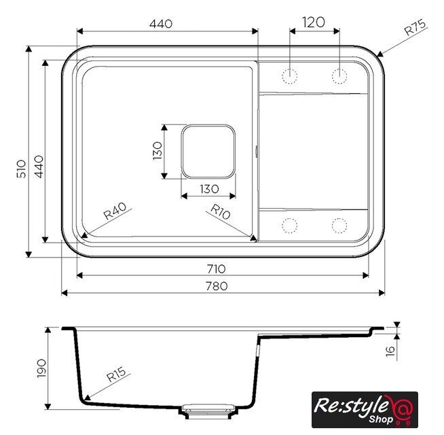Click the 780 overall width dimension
tap(217, 286)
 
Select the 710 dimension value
tap(217, 269)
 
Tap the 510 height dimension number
tap(22, 169)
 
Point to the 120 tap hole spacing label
tap(314, 22)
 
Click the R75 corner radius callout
tap(415, 27)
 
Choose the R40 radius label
tap(115, 211)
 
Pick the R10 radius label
tap(221, 212)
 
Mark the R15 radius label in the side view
tap(116, 375)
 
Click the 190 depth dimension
tap(41, 368)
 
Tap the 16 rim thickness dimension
tap(390, 351)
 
